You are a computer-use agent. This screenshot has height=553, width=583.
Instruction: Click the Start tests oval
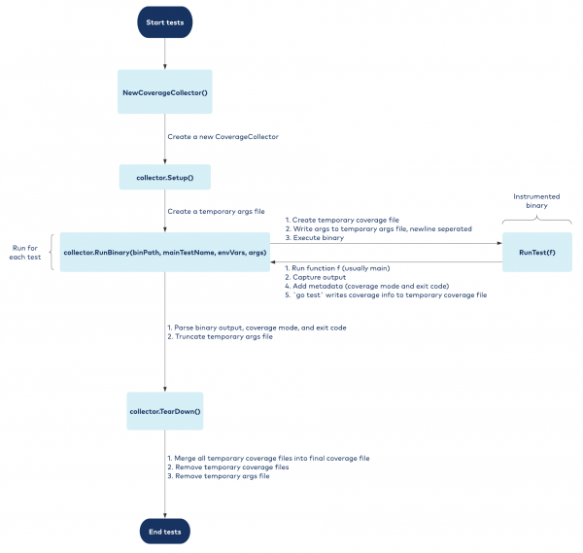coord(165,23)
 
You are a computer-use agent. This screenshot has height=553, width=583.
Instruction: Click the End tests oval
coord(165,532)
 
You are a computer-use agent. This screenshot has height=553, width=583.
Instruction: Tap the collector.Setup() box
coord(165,179)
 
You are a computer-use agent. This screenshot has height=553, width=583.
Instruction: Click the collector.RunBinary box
coord(164,252)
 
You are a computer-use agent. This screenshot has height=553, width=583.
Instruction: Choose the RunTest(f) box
coord(536,252)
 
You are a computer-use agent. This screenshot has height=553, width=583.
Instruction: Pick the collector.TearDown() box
coord(165,412)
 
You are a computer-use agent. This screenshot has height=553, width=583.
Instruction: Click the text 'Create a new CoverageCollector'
coord(223,137)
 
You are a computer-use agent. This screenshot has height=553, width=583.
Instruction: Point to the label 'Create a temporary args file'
coord(216,211)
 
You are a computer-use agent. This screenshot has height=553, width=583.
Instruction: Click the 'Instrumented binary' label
coord(537,201)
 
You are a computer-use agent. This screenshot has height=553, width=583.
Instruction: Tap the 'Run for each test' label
coord(22,253)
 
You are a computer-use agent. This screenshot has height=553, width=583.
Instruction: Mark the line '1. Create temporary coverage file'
coord(344,220)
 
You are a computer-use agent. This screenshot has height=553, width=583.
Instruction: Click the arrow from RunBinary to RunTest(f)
coord(389,244)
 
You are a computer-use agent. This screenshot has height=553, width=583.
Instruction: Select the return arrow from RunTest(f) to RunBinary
coord(389,261)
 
